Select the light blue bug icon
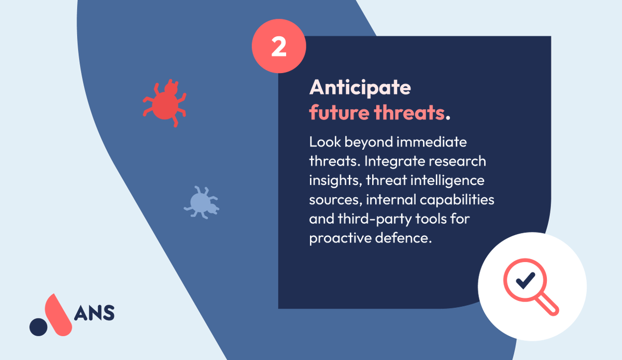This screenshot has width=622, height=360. [201, 201]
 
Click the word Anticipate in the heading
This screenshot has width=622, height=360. [360, 88]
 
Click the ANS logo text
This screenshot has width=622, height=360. [95, 312]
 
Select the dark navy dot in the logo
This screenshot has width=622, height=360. [38, 327]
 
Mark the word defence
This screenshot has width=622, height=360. [409, 238]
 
